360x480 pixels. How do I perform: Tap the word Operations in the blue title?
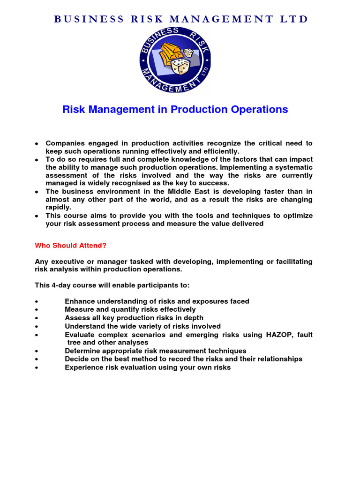(259, 110)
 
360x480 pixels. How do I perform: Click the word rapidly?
(58, 207)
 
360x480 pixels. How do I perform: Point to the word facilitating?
(292, 261)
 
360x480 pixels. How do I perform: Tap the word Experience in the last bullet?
(84, 367)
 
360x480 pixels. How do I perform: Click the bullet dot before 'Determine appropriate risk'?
(37, 351)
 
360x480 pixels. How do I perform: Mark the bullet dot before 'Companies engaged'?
(37, 143)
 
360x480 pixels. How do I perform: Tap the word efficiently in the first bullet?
(218, 151)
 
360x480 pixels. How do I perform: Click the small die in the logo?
(188, 53)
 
